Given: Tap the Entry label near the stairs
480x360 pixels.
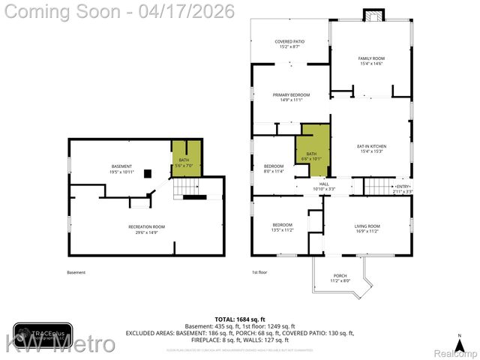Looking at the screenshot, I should pos(403,188).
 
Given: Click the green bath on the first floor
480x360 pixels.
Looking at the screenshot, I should pos(312,154).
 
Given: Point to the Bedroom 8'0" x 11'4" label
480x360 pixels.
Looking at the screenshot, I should pos(274,168).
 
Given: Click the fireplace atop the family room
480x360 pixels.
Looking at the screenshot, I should pos(372,16).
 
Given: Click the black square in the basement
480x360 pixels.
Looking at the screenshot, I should pos(148,173).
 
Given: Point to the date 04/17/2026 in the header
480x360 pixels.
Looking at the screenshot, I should pos(193,11).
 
